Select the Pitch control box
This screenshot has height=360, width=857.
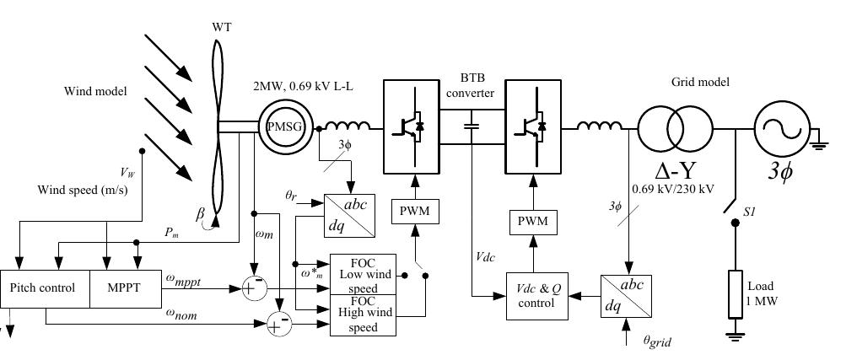[42, 287]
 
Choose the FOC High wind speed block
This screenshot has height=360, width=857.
[363, 315]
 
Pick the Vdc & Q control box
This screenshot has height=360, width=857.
[536, 296]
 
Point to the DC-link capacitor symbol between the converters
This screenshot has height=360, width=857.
[471, 127]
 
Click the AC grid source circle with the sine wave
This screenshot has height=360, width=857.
[781, 129]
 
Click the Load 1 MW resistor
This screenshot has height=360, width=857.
[736, 293]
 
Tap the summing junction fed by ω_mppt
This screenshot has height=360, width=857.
[252, 288]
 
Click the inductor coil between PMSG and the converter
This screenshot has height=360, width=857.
[348, 127]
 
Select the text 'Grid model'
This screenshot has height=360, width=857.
[699, 82]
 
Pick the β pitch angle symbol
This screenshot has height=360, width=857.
[200, 215]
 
